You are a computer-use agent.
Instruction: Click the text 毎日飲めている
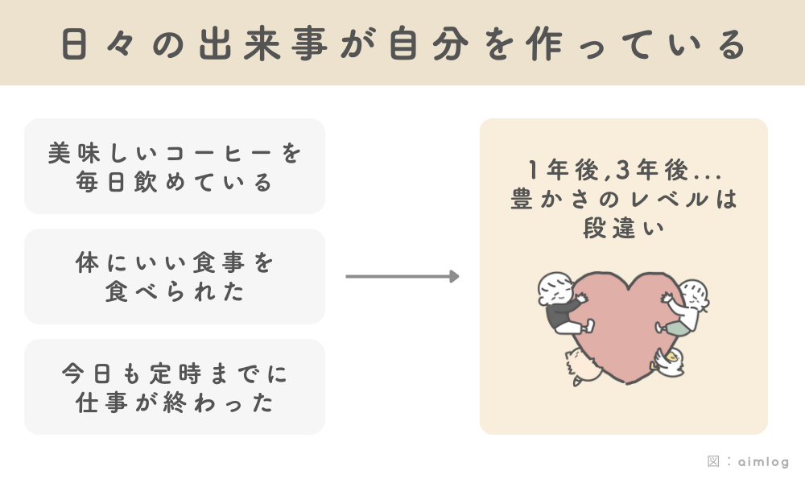[x=175, y=183]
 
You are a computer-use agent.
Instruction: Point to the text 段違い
[x=624, y=229]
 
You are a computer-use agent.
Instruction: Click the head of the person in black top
[x=554, y=288]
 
